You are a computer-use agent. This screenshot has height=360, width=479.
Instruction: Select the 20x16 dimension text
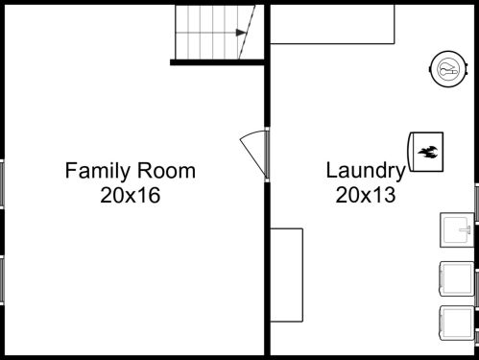(129, 196)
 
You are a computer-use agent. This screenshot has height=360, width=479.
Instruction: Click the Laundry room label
(365, 172)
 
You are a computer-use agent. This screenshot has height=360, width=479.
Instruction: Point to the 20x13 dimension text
(366, 196)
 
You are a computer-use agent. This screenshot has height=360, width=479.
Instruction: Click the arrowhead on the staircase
(240, 33)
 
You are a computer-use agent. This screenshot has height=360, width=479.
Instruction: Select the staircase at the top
(213, 32)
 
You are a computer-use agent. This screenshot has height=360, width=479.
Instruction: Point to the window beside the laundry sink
(476, 203)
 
